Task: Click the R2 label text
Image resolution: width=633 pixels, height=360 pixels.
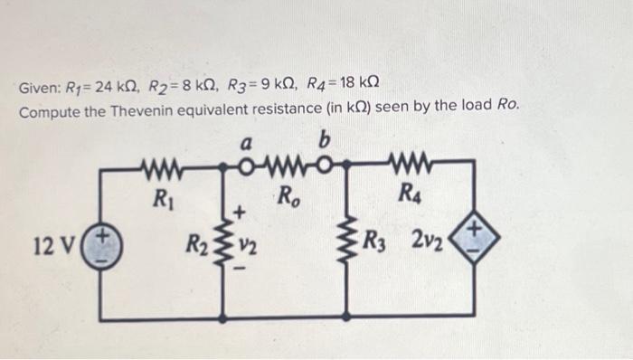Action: pos(196,243)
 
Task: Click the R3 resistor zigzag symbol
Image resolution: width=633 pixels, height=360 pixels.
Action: pos(348,242)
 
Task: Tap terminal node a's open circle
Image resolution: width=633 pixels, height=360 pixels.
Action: pos(245,167)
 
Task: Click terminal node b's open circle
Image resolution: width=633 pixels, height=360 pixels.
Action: pos(342,167)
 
